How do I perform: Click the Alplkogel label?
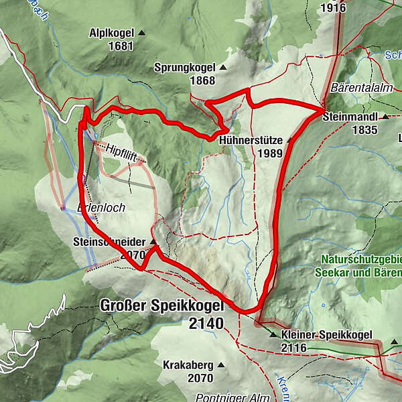pos(111,33)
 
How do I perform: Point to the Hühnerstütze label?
pos(251,140)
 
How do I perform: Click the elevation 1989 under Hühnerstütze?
pos(269,153)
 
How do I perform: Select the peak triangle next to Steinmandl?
pos(386,117)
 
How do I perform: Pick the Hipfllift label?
pos(125,153)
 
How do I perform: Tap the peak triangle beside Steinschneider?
pos(153,241)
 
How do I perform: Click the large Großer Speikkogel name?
pos(161,306)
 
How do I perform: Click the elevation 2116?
pos(294,348)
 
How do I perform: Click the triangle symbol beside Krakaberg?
pos(220,365)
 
